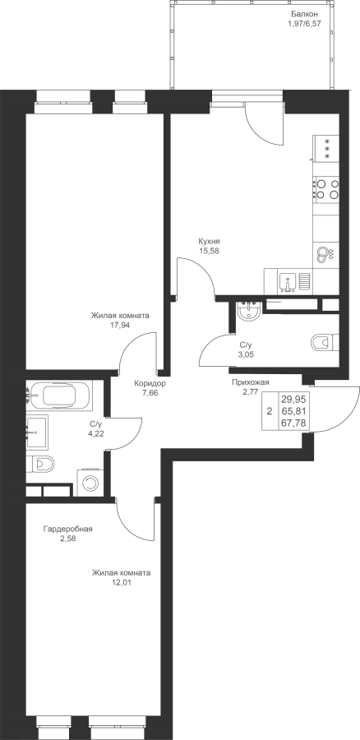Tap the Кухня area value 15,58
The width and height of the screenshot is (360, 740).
pyautogui.click(x=210, y=252)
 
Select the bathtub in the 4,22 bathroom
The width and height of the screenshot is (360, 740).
pyautogui.click(x=60, y=395)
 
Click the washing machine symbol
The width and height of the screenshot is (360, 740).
pyautogui.click(x=90, y=483)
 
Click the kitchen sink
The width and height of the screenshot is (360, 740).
pyautogui.click(x=288, y=282)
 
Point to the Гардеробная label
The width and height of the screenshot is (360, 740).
pyautogui.click(x=68, y=529)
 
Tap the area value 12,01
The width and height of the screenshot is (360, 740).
pyautogui.click(x=122, y=582)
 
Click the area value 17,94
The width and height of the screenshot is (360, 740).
pyautogui.click(x=120, y=325)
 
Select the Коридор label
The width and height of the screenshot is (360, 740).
pyautogui.click(x=150, y=383)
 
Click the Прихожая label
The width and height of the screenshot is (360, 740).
pyautogui.click(x=250, y=382)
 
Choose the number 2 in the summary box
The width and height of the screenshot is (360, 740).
pyautogui.click(x=270, y=411)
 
